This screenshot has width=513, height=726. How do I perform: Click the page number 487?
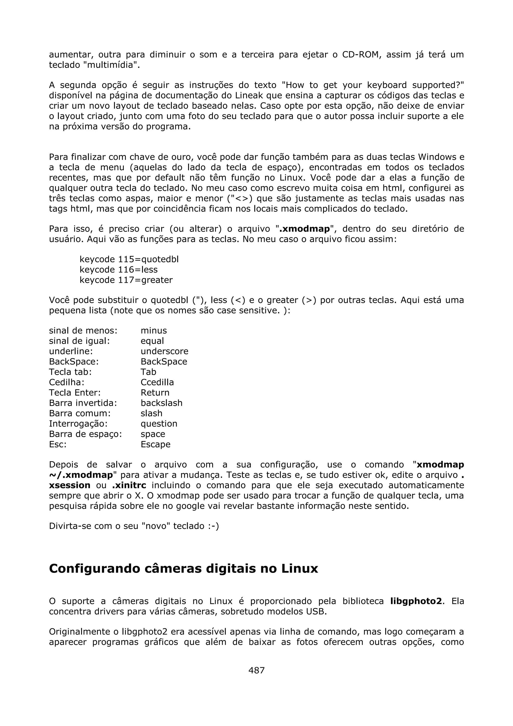point(256,670)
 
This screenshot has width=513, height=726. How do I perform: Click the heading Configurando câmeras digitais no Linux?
point(183,568)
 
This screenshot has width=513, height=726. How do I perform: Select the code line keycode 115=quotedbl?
point(129,259)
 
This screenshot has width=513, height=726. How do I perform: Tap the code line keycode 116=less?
point(118,270)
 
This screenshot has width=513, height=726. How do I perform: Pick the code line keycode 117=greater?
point(126,280)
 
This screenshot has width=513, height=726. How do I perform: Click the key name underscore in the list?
point(164,351)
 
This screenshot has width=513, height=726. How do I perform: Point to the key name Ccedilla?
point(157,382)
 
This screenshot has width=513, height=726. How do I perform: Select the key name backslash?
point(162,403)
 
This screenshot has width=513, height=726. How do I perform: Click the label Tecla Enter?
point(75,393)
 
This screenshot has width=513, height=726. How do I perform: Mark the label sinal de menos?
point(83,331)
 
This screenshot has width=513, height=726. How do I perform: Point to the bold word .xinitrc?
point(129,485)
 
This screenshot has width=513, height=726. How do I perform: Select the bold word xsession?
point(70,485)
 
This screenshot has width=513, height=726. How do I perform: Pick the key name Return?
point(155,393)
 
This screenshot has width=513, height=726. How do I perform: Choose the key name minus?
point(154,331)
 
